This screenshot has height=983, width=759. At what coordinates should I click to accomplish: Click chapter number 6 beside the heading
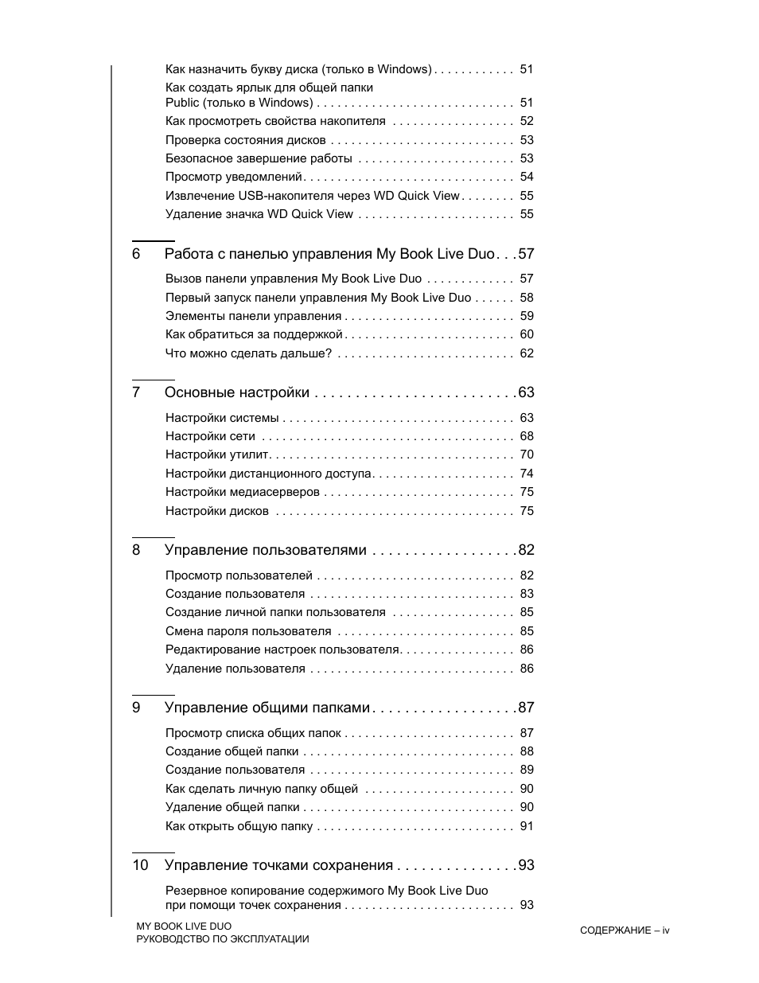(x=136, y=254)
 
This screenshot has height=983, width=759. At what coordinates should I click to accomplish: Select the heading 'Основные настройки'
(x=236, y=392)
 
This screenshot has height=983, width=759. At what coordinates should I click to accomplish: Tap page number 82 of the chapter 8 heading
(x=526, y=550)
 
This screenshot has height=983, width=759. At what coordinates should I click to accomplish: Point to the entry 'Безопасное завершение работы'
(x=258, y=158)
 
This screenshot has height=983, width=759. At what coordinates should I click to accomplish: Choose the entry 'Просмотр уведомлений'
(x=234, y=177)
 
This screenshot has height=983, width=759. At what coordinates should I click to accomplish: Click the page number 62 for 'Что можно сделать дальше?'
(x=527, y=353)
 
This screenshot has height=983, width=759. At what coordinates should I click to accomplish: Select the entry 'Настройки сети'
(x=210, y=436)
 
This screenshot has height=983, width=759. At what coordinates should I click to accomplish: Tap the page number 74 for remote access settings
(x=527, y=474)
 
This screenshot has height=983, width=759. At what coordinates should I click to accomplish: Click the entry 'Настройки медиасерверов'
(x=242, y=492)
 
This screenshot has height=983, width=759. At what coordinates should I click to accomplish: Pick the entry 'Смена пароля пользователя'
(x=247, y=631)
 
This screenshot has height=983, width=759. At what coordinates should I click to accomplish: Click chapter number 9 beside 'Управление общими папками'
(x=136, y=708)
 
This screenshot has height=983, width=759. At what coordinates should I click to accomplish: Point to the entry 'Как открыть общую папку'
(x=239, y=826)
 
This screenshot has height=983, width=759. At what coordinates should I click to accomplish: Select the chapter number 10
(x=140, y=865)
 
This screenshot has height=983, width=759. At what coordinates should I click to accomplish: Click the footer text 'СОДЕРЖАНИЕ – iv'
(x=625, y=930)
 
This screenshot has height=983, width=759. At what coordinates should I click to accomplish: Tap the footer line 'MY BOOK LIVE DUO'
(x=184, y=926)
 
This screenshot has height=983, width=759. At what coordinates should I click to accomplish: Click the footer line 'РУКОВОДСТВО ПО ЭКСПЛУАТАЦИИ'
(x=222, y=939)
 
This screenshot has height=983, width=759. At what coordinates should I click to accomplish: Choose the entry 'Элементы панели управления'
(x=253, y=316)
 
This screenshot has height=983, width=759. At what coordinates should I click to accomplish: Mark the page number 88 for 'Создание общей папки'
(x=527, y=751)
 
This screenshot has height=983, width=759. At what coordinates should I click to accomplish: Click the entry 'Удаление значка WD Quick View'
(x=259, y=214)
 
